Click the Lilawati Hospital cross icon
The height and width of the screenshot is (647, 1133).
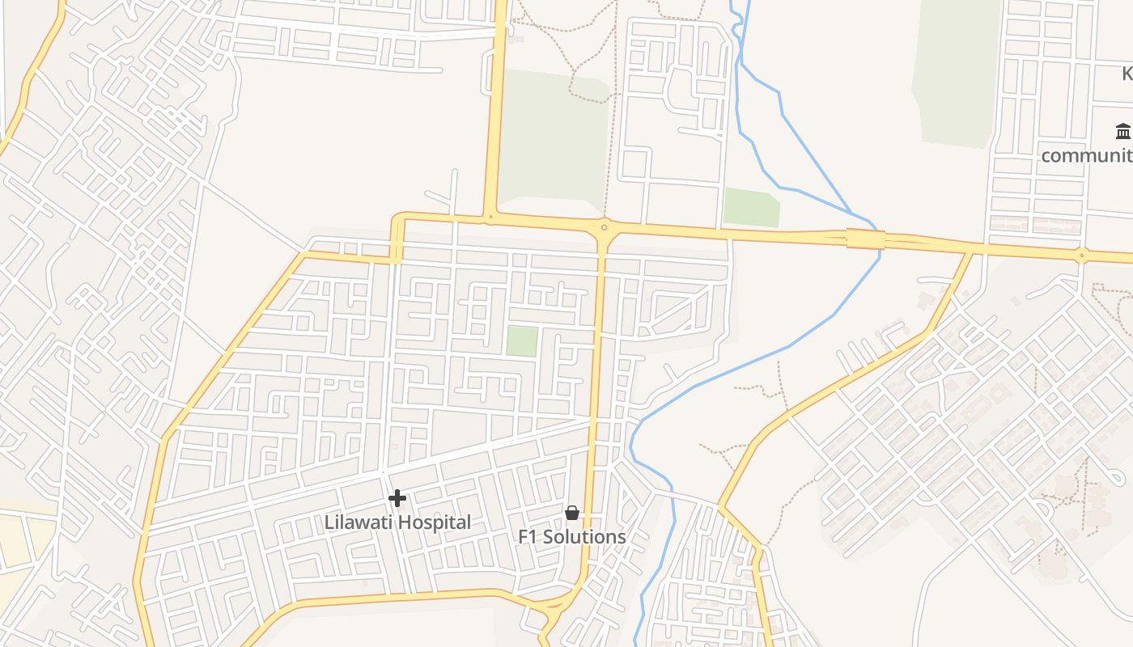(x=397, y=498)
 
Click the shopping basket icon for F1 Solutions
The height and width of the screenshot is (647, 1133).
(x=572, y=513)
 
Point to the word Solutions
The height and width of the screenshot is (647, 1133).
(x=587, y=537)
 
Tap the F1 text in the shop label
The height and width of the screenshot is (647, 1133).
(x=528, y=537)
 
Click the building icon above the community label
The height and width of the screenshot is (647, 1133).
(x=1122, y=131)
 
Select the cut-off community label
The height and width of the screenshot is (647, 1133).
(x=1087, y=155)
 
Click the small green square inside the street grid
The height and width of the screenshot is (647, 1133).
(x=522, y=341)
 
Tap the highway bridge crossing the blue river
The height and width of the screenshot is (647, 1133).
(x=865, y=239)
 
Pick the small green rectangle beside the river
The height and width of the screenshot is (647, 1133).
(x=751, y=208)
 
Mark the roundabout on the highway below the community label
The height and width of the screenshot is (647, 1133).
(x=1081, y=256)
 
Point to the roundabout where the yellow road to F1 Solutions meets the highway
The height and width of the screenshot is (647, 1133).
(x=604, y=228)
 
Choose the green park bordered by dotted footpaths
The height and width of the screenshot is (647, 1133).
(x=554, y=137)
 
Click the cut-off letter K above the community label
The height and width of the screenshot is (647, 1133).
(x=1127, y=74)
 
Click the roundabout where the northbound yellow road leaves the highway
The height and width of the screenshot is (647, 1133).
(x=490, y=217)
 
